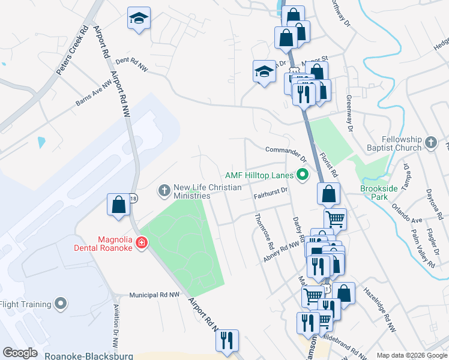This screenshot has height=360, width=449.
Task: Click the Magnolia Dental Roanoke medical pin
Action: (x=142, y=242)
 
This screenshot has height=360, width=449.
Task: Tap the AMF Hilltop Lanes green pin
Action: (x=303, y=175)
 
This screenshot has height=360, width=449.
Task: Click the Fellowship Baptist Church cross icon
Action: (x=430, y=142)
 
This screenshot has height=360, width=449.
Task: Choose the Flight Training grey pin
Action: (x=60, y=304)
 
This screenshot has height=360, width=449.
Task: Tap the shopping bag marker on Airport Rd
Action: (x=119, y=204)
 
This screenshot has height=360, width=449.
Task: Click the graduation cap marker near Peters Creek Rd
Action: (x=139, y=19)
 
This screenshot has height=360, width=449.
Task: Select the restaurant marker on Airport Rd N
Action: (x=227, y=340)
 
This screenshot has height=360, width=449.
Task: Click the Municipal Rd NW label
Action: (x=155, y=295)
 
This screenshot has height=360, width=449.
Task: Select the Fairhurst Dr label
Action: (x=271, y=193)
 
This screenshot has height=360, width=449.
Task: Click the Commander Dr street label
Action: (x=286, y=151)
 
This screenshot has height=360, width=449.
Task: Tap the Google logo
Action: (x=20, y=353)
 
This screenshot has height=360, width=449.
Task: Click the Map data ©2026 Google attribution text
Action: (x=411, y=355)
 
